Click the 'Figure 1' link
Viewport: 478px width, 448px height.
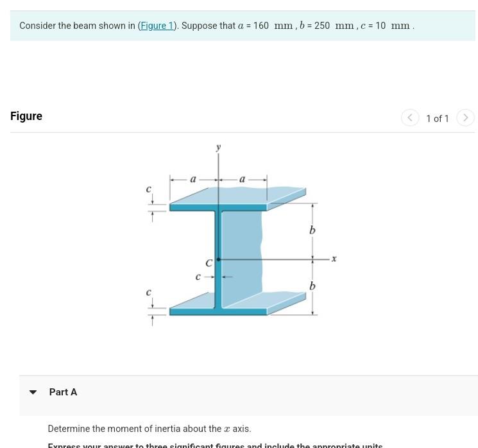[157, 26]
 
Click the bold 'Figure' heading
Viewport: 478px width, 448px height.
[26, 116]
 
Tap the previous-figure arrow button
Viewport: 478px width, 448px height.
[410, 118]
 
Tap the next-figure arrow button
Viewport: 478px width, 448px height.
[466, 118]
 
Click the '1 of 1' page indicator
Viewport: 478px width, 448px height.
[438, 119]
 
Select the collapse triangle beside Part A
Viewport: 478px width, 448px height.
[33, 392]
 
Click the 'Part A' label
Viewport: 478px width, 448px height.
[63, 392]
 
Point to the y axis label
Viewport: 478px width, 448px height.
[219, 147]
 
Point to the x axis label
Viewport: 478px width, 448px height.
[334, 258]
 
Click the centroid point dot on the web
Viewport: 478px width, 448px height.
[219, 259]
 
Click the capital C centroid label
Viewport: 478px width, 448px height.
[209, 263]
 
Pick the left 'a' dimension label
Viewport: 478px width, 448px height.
[193, 180]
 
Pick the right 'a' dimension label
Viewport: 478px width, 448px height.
[242, 180]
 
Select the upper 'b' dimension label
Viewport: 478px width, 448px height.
[312, 230]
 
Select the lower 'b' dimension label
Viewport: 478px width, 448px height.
[312, 286]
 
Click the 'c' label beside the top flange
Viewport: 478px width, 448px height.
[149, 189]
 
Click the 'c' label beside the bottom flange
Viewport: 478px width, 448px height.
[149, 292]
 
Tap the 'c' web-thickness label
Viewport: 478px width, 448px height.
[198, 277]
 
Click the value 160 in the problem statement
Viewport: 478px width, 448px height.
[261, 26]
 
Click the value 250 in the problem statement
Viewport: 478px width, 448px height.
[322, 26]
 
